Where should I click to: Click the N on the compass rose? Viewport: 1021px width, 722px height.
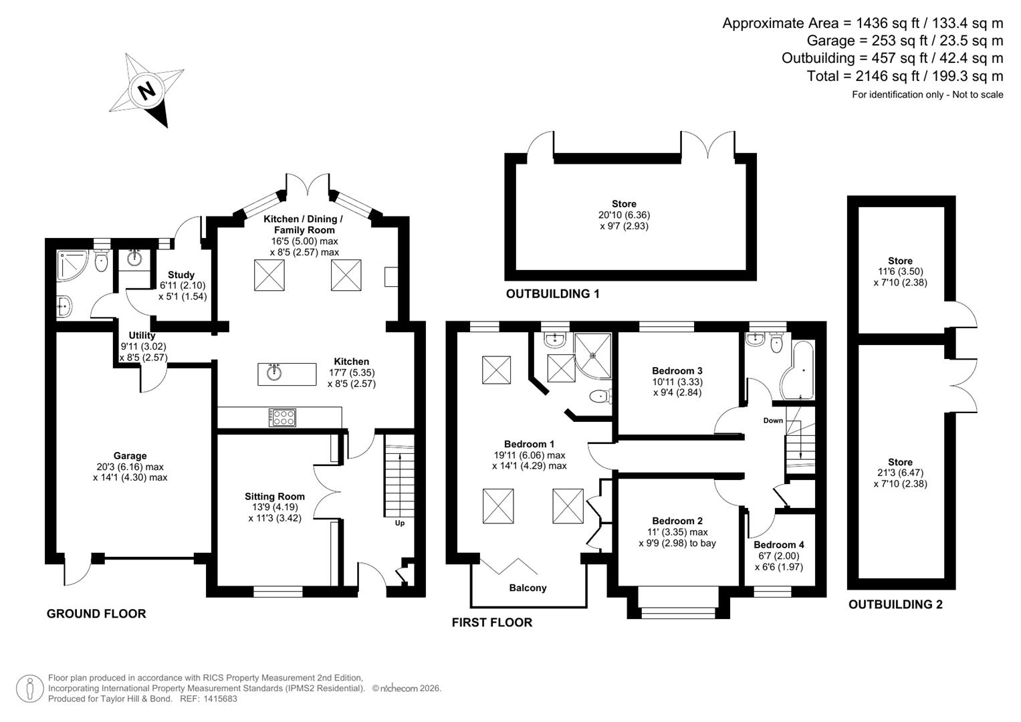[146, 90]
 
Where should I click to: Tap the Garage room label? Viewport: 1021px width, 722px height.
[130, 456]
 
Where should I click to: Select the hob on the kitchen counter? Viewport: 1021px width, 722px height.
[282, 418]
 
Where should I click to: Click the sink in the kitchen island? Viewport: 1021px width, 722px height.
[273, 372]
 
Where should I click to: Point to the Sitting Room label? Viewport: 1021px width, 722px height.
[274, 496]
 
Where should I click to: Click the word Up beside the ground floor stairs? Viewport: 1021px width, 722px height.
[399, 523]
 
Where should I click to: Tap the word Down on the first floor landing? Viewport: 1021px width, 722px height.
[773, 420]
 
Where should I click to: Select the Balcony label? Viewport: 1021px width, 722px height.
[528, 588]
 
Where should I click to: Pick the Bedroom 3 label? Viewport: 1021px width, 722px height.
[677, 370]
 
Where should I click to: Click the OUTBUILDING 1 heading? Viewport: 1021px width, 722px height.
[552, 293]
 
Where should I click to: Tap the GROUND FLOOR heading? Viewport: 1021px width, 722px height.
[96, 614]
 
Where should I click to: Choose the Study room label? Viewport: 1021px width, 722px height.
[181, 274]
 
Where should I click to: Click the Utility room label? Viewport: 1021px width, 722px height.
[142, 335]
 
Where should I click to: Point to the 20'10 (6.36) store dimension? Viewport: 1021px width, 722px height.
[624, 215]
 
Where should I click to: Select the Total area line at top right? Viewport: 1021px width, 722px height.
[904, 76]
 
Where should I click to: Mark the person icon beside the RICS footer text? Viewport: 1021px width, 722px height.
[29, 689]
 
